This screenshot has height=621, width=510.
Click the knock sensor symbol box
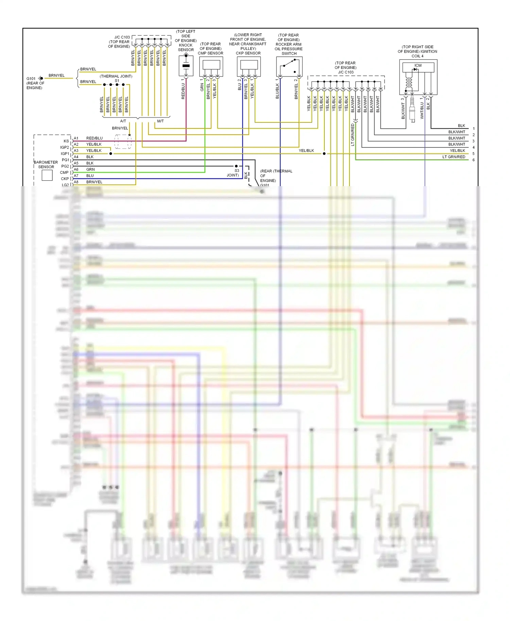[186, 66]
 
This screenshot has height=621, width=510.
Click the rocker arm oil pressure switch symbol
[289, 67]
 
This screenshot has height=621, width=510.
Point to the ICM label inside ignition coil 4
[418, 66]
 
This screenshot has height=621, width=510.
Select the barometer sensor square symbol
[47, 175]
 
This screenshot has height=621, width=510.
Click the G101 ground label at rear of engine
[31, 78]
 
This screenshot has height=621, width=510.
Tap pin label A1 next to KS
[76, 138]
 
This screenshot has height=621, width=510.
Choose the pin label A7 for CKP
[76, 176]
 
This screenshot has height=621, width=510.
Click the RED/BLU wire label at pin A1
[94, 138]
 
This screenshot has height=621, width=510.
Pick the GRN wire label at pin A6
[90, 170]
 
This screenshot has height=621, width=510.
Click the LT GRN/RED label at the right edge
[454, 157]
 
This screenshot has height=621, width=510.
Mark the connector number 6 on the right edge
[473, 160]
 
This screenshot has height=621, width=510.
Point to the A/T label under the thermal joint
[123, 121]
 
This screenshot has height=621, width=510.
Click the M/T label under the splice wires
[160, 121]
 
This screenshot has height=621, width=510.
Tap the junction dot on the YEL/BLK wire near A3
[111, 154]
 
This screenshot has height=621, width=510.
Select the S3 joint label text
[233, 173]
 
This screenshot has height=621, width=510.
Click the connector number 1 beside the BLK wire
[473, 129]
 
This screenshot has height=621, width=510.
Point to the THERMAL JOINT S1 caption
[116, 78]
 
